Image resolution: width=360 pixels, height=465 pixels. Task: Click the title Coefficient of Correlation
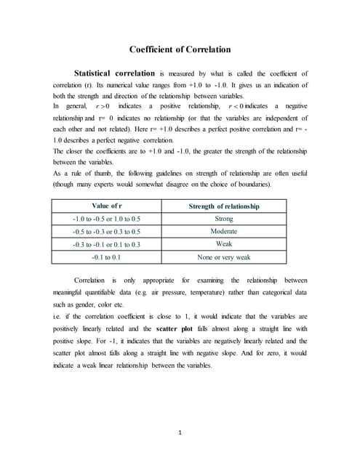click(180, 49)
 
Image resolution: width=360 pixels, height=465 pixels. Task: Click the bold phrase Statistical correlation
click(115, 73)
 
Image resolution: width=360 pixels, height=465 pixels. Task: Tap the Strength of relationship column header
click(223, 206)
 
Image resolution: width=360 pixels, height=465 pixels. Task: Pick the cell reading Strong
click(223, 219)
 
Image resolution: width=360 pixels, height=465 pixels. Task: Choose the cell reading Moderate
click(223, 231)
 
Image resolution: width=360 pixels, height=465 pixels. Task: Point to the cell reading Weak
click(223, 244)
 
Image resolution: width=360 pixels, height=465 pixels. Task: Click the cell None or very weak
click(223, 257)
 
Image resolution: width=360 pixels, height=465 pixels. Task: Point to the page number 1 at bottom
click(180, 434)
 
